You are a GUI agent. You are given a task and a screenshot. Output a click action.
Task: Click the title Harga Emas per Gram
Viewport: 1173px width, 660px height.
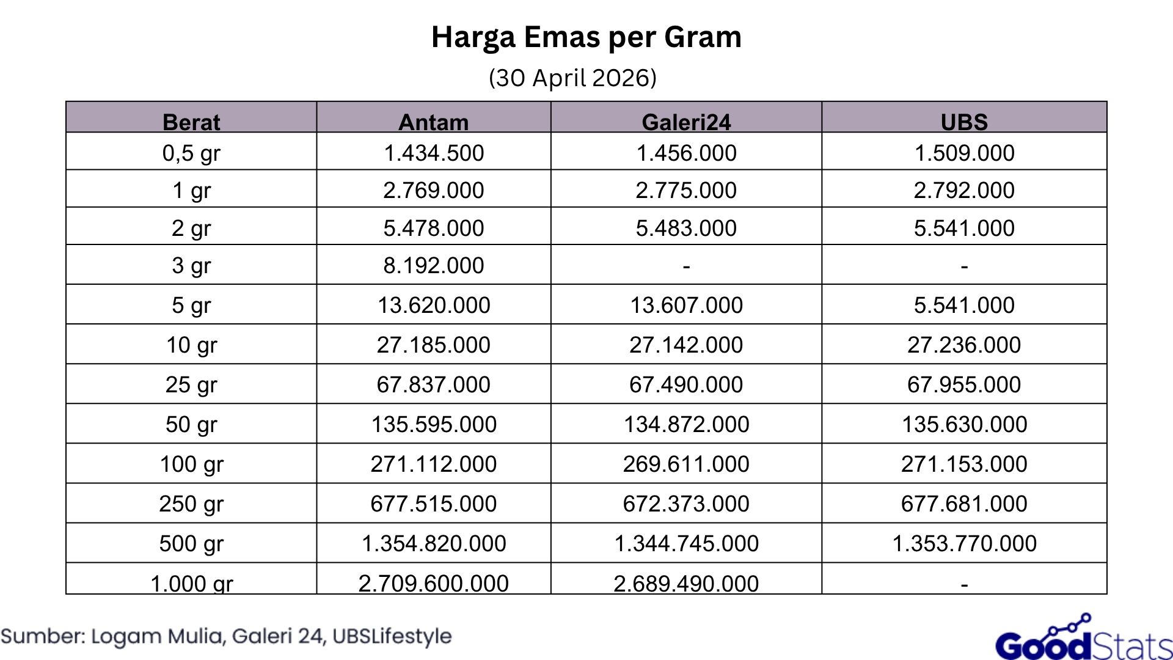586,37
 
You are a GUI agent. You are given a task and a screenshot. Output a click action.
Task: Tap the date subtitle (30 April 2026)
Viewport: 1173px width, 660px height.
572,78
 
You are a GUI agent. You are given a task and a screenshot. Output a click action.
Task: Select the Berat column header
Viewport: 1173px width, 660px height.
191,122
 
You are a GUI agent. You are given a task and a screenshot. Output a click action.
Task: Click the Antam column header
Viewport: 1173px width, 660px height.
433,122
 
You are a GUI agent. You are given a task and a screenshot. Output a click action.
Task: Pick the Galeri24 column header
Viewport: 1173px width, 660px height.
686,122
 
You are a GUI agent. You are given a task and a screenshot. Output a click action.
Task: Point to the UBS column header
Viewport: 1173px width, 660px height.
964,122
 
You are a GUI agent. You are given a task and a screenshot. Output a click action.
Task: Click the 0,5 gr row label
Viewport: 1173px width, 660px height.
191,153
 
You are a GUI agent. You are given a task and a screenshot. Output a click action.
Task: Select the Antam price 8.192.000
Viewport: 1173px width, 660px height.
433,265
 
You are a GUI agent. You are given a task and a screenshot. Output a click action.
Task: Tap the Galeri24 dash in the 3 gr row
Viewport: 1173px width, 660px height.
686,266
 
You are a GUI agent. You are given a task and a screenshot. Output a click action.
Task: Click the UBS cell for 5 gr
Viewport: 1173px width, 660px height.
964,305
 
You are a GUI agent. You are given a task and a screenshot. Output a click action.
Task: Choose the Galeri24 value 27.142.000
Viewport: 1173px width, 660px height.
686,345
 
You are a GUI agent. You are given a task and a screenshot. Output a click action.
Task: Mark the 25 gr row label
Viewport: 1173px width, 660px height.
191,384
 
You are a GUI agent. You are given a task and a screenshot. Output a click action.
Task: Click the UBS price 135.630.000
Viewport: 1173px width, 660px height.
964,424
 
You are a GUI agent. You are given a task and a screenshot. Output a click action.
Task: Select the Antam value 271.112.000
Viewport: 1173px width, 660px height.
433,464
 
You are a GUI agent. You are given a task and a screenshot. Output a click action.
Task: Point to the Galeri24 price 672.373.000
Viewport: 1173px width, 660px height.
686,504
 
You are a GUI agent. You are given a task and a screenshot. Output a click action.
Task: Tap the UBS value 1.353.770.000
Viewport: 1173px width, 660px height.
964,543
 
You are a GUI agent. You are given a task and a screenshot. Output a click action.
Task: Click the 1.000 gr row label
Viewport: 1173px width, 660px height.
191,583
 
